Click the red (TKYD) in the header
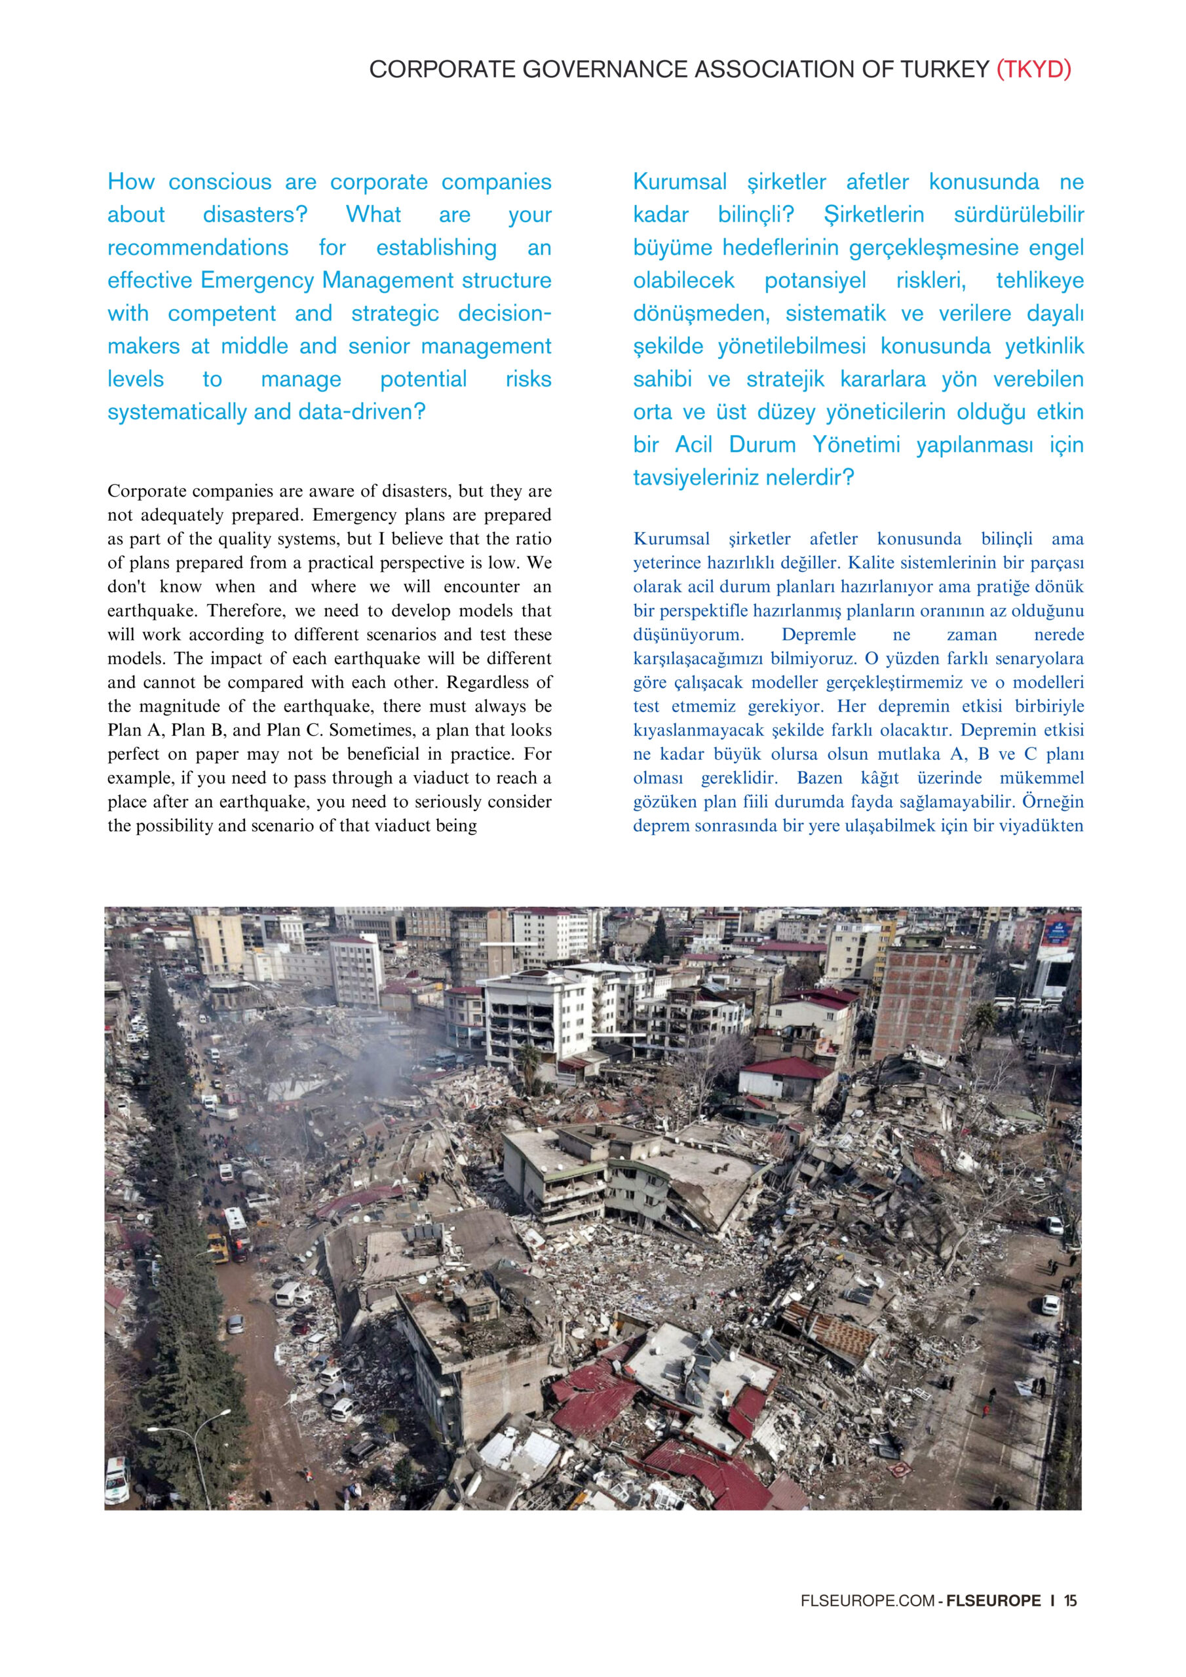pos(1033,69)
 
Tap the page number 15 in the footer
pos(1071,1600)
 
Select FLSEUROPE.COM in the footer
pos(868,1600)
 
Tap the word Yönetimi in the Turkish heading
pos(856,445)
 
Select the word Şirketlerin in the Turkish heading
pos(873,215)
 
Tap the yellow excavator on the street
pos(218,1247)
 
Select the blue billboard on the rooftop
pos(1057,932)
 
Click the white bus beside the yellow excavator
pos(236,1224)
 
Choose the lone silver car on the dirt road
pos(235,1324)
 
